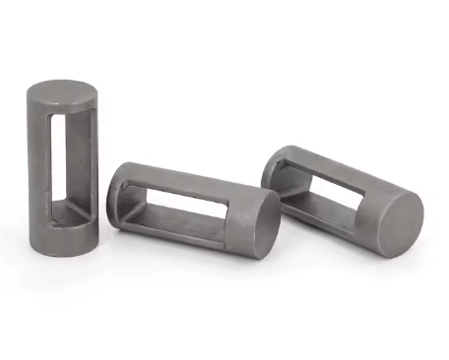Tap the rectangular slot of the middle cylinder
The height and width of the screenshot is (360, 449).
187,203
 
